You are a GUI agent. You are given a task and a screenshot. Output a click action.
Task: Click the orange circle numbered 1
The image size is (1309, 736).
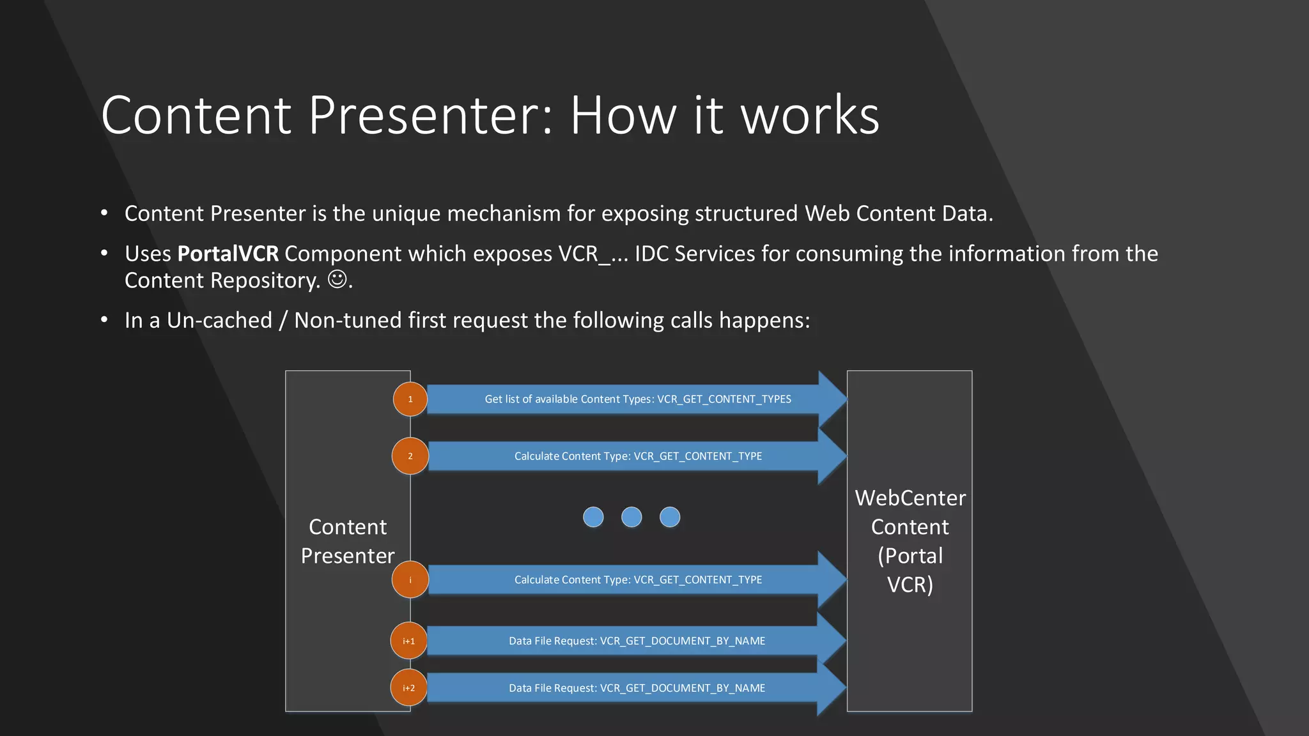click(410, 399)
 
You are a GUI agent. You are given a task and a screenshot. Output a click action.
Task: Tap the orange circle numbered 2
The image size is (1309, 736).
click(410, 456)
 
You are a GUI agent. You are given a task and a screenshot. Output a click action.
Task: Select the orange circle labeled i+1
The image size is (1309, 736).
click(408, 641)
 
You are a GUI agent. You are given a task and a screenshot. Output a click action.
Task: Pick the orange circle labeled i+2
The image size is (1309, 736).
click(408, 688)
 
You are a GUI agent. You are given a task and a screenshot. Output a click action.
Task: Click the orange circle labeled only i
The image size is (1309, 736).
click(410, 580)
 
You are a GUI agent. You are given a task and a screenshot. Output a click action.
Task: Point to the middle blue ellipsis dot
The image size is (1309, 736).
click(631, 517)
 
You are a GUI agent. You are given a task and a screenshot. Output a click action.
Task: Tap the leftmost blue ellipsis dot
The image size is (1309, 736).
click(593, 517)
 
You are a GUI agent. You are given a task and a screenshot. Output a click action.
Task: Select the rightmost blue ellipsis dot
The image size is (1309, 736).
click(670, 517)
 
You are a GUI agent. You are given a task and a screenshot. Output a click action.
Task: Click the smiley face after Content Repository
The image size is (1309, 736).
click(337, 279)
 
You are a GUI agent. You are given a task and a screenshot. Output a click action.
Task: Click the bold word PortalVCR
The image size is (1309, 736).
click(228, 254)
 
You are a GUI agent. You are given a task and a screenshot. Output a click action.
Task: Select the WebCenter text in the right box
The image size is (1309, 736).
click(910, 498)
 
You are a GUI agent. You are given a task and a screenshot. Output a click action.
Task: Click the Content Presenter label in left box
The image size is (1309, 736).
click(348, 541)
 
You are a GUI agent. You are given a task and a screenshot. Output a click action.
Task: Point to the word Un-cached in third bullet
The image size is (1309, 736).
click(219, 320)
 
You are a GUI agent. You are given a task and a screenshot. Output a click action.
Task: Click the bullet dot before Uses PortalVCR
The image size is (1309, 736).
click(104, 254)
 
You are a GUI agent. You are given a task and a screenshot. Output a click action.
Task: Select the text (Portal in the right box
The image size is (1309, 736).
click(910, 556)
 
